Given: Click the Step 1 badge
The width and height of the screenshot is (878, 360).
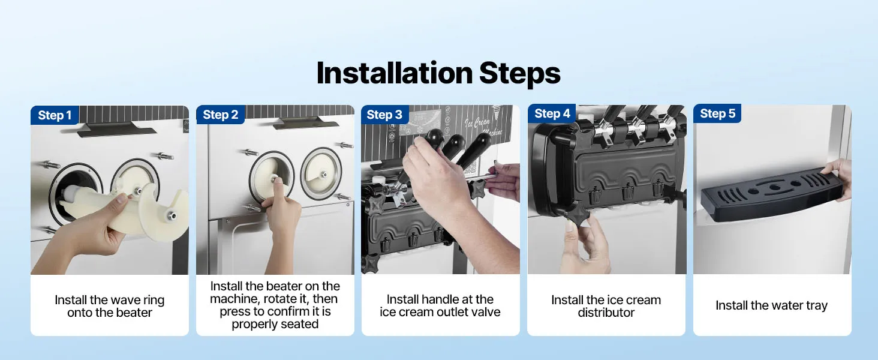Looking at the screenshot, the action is point(55,115).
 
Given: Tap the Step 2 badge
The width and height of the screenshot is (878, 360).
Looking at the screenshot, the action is point(220,115).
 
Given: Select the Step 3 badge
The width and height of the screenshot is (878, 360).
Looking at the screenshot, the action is point(384,115).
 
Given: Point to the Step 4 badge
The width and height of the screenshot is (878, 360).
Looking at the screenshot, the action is point(552,113).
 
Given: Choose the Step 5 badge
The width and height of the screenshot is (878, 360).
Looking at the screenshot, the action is point(717,113).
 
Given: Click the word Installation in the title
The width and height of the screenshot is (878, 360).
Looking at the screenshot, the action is point(394,73).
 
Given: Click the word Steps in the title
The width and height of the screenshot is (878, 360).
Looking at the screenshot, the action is point(520,73).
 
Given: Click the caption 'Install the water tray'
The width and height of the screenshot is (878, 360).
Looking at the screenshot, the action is point(771,305).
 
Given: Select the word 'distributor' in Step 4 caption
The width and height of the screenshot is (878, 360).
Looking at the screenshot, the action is point(606,313).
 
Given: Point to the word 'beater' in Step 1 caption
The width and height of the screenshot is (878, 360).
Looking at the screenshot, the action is point(134,313).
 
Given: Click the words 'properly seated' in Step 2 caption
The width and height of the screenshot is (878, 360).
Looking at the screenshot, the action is point(275,325).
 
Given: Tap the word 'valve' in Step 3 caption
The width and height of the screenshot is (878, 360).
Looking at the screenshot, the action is point(486,312).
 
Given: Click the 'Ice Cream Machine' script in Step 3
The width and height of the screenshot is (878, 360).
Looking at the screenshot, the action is point(483,126).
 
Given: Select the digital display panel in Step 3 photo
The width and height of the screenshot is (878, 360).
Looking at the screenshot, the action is point(420,122).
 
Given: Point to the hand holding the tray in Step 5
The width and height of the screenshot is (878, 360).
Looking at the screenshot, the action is point(838,177).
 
